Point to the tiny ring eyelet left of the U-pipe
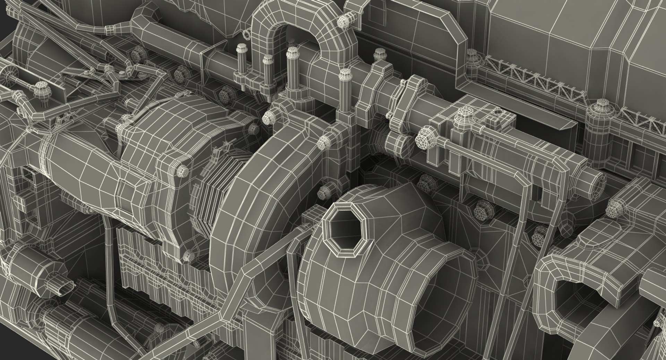click(247, 34)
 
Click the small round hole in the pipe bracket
click(498, 112)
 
